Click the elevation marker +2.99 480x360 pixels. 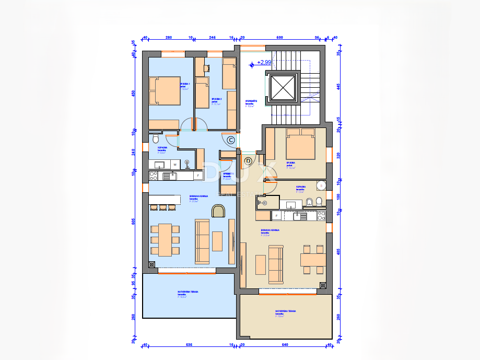coord(264,63)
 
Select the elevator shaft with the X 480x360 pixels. coord(283,87)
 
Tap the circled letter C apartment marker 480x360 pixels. coord(230,140)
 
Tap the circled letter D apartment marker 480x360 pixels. coord(248,160)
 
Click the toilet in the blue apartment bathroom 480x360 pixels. coord(155,140)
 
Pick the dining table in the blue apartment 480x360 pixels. coord(165,239)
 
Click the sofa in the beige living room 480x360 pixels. coord(275,260)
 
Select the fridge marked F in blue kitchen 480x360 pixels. coord(198,176)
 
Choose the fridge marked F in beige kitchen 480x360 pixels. coord(276,215)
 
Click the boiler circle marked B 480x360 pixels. coord(321,185)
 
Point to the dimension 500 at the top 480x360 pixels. coord(279,38)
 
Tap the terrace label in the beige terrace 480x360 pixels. coord(285,312)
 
